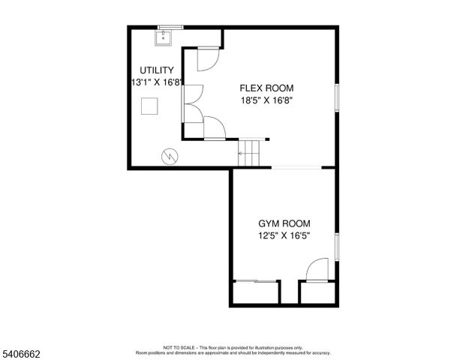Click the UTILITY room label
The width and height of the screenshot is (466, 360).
156,70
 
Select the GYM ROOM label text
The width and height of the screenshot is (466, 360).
284,223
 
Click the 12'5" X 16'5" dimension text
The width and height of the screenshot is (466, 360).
284,235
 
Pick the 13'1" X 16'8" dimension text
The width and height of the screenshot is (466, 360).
156,82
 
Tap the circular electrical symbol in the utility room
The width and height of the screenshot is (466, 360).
170,156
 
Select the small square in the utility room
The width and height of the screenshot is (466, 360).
151,106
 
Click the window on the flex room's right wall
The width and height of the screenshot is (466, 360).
338,99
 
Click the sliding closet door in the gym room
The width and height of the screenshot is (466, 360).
256,282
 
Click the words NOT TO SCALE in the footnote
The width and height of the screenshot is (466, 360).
178,348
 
